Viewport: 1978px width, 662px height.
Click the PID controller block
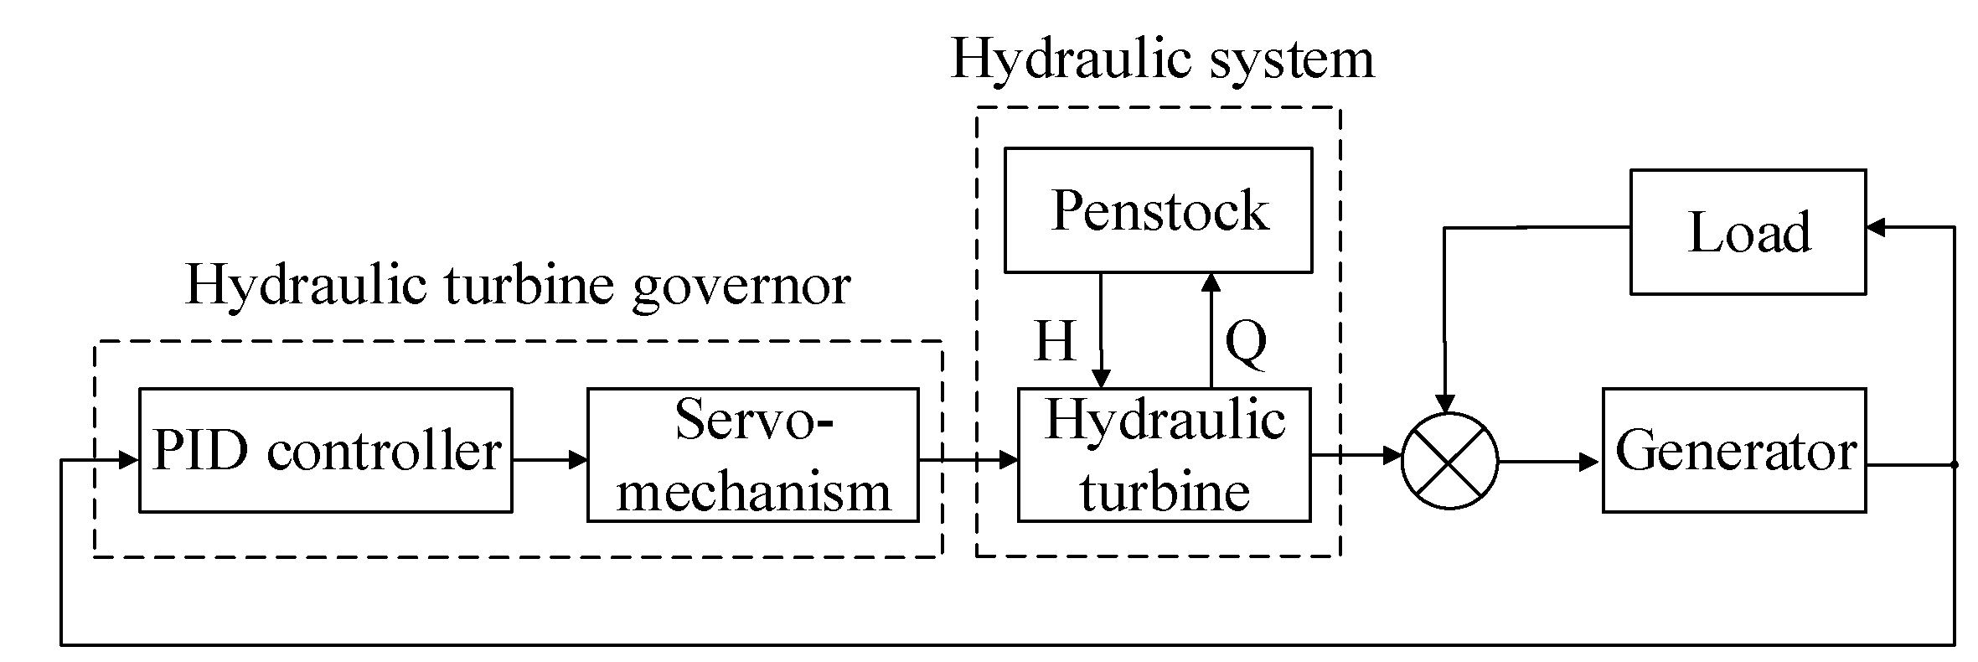(x=325, y=450)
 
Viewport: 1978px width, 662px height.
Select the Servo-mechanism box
(x=752, y=455)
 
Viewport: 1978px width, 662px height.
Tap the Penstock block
(x=1158, y=210)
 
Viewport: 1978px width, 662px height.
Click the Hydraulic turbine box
(x=1164, y=455)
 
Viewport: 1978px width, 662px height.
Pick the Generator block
(x=1733, y=450)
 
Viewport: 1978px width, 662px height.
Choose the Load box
(x=1748, y=232)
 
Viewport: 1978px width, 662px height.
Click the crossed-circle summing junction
(x=1449, y=461)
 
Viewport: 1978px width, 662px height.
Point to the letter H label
(x=1055, y=341)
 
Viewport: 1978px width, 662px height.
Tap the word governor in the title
(x=741, y=287)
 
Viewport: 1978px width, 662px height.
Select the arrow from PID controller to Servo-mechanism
(x=550, y=459)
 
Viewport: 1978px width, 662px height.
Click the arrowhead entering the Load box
(x=1877, y=227)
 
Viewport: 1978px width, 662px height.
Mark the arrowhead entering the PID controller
(x=128, y=459)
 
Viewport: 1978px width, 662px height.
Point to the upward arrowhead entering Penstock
(x=1211, y=282)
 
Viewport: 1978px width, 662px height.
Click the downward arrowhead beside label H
(x=1102, y=378)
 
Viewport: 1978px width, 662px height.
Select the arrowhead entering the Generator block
(x=1589, y=461)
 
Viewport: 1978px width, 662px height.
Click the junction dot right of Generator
(x=1955, y=464)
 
